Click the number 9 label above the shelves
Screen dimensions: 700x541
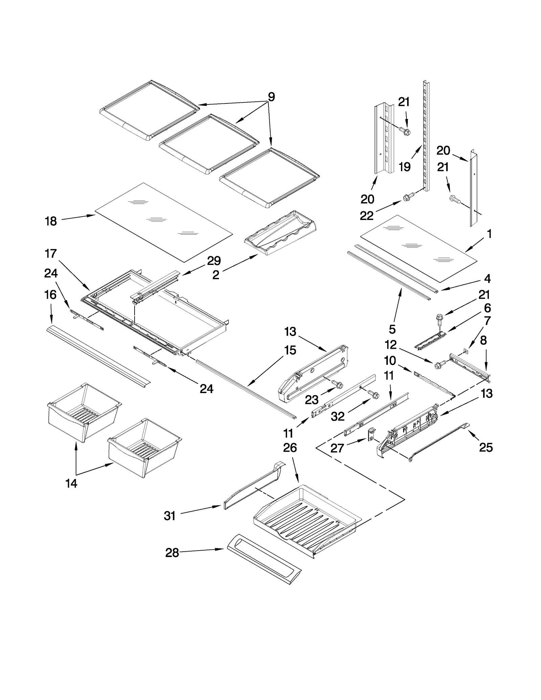[x=271, y=97]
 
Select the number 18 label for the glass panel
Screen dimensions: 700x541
[x=51, y=221]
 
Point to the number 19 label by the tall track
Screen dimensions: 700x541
[x=404, y=167]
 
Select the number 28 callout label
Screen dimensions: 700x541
[x=172, y=553]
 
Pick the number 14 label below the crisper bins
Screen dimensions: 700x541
[x=71, y=484]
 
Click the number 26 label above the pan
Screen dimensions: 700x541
[x=290, y=448]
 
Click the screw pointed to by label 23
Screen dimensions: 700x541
[x=338, y=384]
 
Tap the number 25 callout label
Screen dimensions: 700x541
[x=486, y=448]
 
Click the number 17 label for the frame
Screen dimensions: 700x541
[x=51, y=254]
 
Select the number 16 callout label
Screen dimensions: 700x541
[x=50, y=295]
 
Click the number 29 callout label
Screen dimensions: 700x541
[x=214, y=261]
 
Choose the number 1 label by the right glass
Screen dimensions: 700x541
[x=489, y=234]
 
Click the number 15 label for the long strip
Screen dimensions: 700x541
[x=290, y=351]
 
